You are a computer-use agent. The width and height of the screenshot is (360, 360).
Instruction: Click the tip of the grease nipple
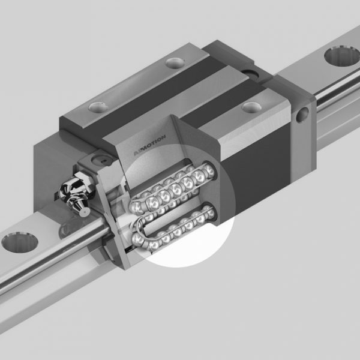pos(86,211)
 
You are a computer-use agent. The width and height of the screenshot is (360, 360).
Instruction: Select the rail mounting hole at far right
pos(338,58)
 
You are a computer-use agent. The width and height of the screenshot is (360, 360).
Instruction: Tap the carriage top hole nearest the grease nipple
pos(97,107)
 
